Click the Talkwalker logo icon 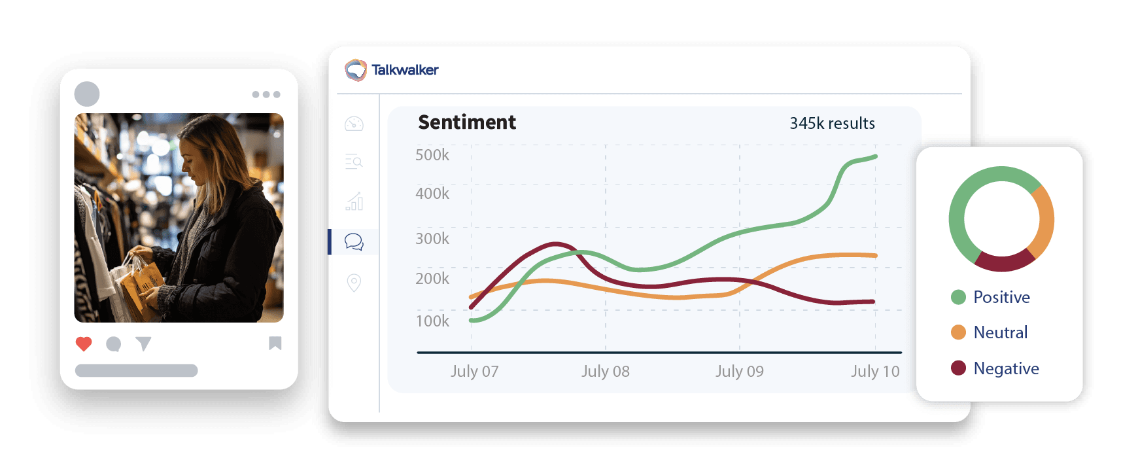tap(356, 70)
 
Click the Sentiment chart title tap(467, 122)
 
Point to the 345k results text tap(832, 124)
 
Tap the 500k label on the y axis tap(432, 155)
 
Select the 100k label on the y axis tap(432, 321)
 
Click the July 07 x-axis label tap(474, 372)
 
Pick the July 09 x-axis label tap(739, 372)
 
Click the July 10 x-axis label tap(875, 372)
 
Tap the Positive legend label tap(1001, 297)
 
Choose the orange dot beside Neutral tap(958, 332)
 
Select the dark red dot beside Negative tap(958, 368)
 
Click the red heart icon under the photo tap(84, 343)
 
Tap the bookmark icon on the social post tap(275, 343)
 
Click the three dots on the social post tap(266, 95)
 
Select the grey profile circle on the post tap(87, 94)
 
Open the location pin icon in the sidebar tap(354, 283)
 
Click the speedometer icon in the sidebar tap(354, 124)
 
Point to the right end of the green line tap(875, 156)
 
